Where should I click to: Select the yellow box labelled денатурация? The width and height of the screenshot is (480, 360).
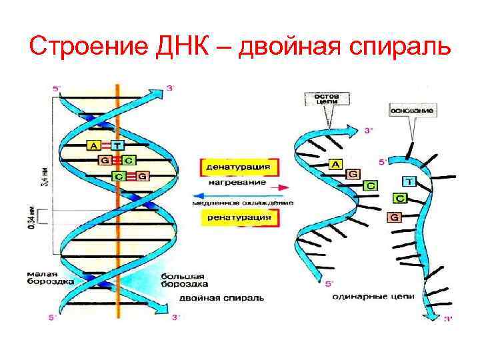(237, 166)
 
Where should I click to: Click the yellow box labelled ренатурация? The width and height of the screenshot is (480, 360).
(237, 217)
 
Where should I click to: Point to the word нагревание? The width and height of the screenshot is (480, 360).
(236, 181)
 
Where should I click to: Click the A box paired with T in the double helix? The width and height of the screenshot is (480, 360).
(93, 145)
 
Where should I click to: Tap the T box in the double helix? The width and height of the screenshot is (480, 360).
(117, 145)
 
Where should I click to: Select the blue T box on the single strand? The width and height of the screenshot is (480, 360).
(409, 181)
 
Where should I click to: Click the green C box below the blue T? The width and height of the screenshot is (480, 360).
(400, 198)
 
